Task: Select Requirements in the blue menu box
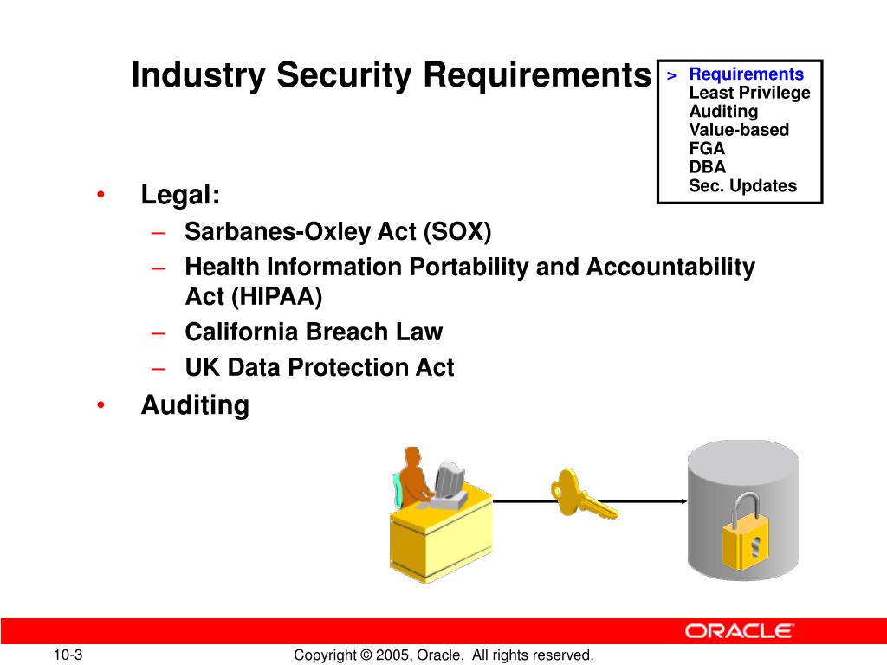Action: click(746, 74)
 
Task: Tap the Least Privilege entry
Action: click(749, 93)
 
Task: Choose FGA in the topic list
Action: click(707, 148)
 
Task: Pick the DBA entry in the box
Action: click(707, 167)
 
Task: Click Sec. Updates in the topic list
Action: click(742, 185)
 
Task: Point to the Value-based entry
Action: click(739, 130)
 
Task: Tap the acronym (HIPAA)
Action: click(276, 296)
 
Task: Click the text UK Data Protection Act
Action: click(320, 367)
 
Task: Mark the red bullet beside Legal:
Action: click(100, 195)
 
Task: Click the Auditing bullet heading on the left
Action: click(195, 405)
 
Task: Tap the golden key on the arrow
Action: click(583, 494)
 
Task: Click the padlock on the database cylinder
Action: click(745, 532)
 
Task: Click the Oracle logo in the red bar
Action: click(740, 631)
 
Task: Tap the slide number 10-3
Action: click(68, 655)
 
